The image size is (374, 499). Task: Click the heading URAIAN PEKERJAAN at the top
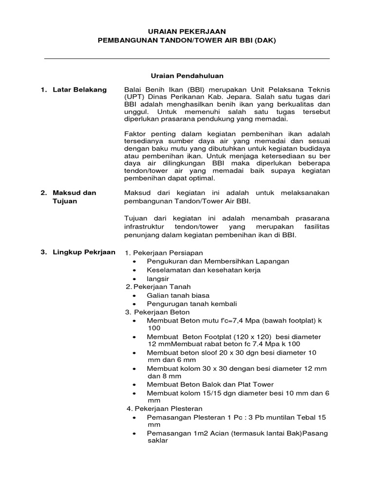tap(187, 31)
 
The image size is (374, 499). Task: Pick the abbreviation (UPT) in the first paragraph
tap(135, 97)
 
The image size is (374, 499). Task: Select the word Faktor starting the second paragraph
tap(137, 134)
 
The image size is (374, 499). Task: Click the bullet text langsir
tap(158, 278)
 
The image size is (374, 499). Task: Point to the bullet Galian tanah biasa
tap(178, 295)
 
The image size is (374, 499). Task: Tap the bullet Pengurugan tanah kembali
tap(191, 304)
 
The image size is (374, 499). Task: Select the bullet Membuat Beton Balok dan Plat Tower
tap(210, 384)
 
